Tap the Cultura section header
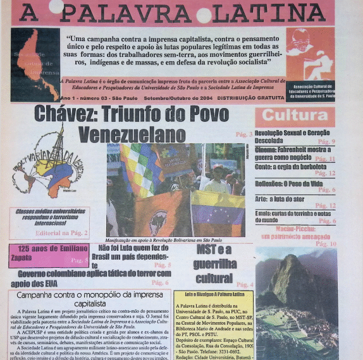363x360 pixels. (x=294, y=116)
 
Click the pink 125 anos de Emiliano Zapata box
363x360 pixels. (x=48, y=255)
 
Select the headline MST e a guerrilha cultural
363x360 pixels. (x=214, y=265)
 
